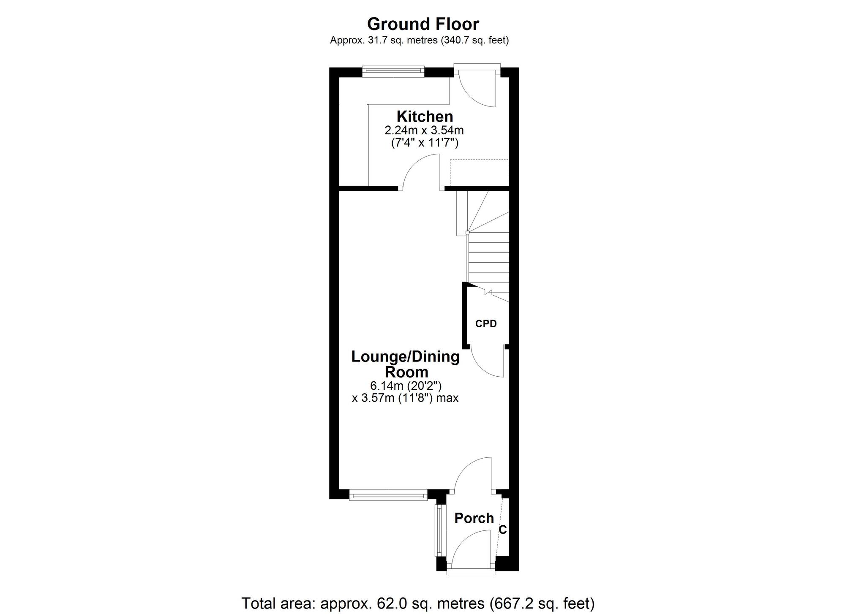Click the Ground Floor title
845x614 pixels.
coord(423,24)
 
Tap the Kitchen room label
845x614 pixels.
coord(425,116)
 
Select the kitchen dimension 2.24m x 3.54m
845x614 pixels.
coord(424,130)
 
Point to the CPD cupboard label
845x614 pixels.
coord(486,324)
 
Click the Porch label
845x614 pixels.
coord(474,518)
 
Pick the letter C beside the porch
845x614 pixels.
coord(503,530)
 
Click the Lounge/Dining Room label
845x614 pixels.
coord(406,364)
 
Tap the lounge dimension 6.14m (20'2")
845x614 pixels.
coord(406,386)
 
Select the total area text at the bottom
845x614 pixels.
coord(418,603)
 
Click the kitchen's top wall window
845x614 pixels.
coord(393,71)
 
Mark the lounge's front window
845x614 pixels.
coord(388,495)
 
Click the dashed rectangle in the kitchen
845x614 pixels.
coord(479,172)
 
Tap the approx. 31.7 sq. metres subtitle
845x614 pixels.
coord(420,41)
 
